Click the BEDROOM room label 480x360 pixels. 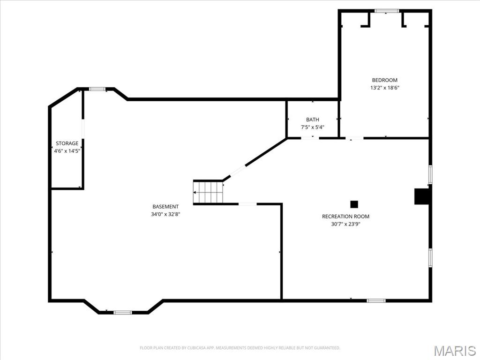384,80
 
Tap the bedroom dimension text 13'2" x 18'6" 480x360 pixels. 384,88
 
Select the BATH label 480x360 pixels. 312,120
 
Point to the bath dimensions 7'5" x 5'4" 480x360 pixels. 312,127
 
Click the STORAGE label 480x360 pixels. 67,143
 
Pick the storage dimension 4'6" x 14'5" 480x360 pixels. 67,151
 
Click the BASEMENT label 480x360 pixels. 165,207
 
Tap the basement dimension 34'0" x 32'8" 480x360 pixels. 165,214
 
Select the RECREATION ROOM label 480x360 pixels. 345,217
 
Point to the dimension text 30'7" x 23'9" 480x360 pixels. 345,224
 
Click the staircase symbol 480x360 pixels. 208,192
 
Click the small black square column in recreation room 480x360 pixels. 354,204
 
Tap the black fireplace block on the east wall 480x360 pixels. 422,196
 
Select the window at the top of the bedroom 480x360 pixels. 387,11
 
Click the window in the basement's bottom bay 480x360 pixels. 123,312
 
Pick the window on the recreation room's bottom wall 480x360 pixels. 376,300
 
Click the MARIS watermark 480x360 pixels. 454,351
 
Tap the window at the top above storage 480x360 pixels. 97,89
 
